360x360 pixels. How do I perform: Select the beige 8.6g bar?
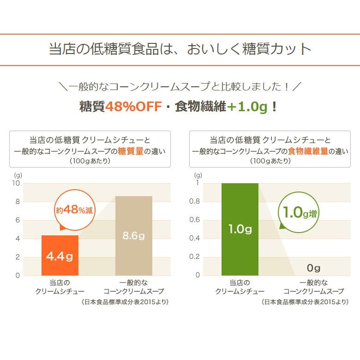[133, 235]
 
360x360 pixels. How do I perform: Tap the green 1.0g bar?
[240, 229]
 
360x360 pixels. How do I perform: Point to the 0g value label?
[313, 268]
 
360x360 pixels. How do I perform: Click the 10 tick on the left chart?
[16, 183]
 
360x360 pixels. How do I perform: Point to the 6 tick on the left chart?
[18, 220]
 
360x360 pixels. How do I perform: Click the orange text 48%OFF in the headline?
[133, 107]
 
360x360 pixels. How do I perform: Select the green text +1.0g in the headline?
[247, 107]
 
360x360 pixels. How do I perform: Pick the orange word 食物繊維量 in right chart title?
[308, 151]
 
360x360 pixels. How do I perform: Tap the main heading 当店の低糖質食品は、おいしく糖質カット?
[180, 49]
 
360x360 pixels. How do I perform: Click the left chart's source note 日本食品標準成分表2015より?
[125, 302]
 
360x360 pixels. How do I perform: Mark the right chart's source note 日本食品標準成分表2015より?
[305, 302]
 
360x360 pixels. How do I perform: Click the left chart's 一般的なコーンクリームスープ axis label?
[133, 287]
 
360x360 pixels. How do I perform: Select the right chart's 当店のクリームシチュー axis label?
[240, 287]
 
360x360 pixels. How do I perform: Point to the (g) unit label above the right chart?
[198, 175]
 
